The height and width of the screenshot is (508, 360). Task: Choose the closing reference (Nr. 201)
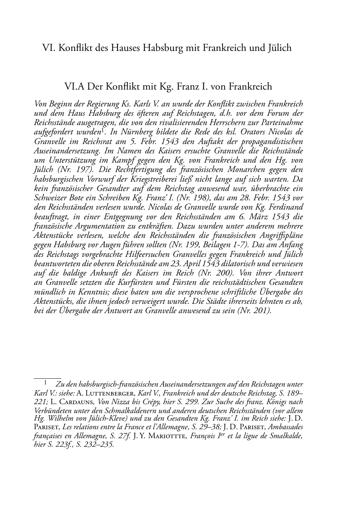pos(254,311)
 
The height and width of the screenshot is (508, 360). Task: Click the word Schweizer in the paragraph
pos(49,198)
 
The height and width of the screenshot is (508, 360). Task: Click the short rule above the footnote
pos(42,378)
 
